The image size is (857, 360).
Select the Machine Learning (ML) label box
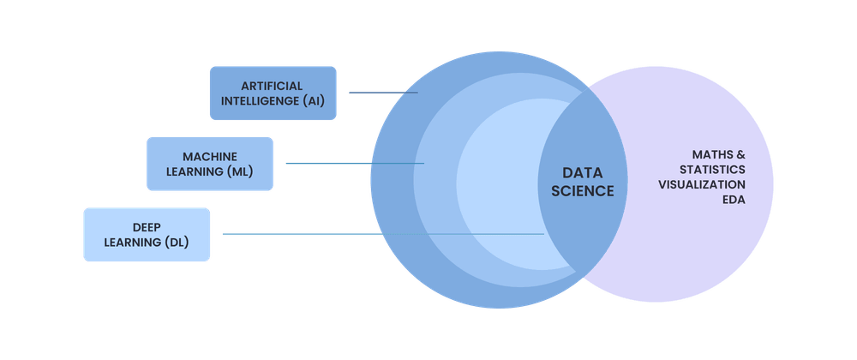point(210,164)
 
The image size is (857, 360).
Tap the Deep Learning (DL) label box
point(147,234)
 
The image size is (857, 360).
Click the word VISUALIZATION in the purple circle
point(701,184)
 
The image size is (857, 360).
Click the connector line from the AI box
point(381,93)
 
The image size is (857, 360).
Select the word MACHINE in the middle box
point(210,156)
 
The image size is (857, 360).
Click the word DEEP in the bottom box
point(147,226)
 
